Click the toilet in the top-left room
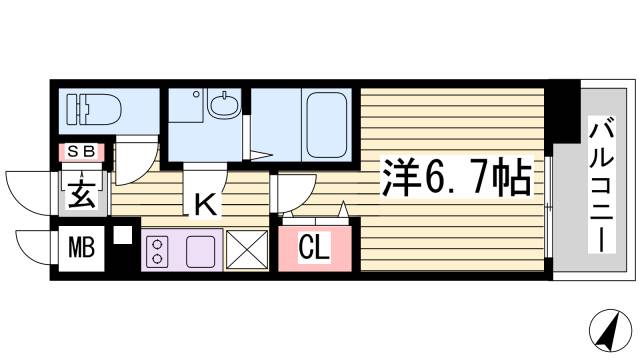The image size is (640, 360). coord(93,108)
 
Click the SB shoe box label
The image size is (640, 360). coord(81,151)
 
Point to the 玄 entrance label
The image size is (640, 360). coord(80,194)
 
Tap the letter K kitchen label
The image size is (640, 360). coord(205,205)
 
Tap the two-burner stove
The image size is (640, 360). coord(158,249)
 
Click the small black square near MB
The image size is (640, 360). coord(122,237)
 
